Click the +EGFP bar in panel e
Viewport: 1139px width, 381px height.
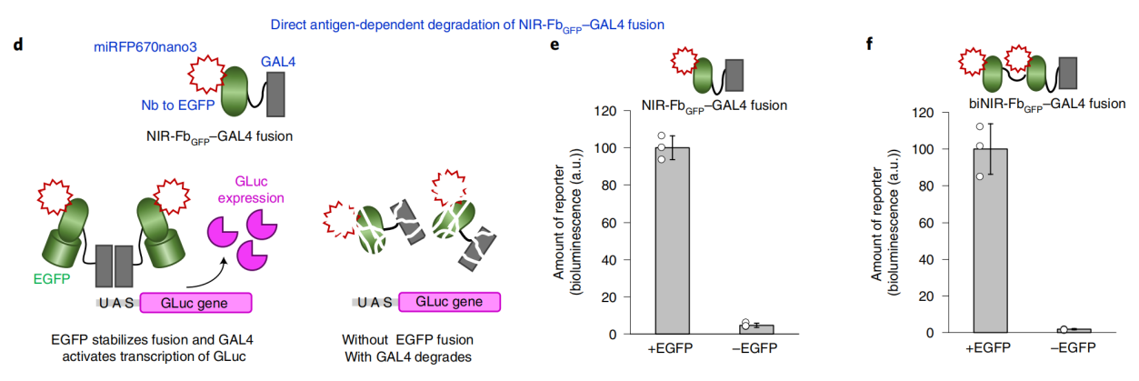point(672,241)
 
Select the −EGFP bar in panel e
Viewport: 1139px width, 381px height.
point(756,329)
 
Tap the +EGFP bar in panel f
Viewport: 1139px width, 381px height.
point(990,241)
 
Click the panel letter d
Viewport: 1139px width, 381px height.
point(18,45)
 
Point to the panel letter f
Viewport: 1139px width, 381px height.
point(869,45)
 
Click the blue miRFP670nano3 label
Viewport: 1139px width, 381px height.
point(145,47)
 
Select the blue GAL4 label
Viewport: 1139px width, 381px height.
point(277,62)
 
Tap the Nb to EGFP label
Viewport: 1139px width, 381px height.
point(178,105)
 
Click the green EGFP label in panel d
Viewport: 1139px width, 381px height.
point(51,279)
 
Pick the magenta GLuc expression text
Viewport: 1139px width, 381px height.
point(251,190)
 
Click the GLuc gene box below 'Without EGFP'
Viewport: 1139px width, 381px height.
point(449,302)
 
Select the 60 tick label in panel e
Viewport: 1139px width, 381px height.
point(609,223)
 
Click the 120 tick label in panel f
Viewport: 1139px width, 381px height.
point(923,113)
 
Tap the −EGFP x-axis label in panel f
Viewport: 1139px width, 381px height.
point(1073,348)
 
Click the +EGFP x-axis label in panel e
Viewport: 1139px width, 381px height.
point(670,348)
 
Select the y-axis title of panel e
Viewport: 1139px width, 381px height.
point(567,222)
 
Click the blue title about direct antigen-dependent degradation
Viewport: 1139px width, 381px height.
point(467,25)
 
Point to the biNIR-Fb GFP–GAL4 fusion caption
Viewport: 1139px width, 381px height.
point(1047,105)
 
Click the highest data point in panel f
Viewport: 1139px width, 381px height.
point(980,126)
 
